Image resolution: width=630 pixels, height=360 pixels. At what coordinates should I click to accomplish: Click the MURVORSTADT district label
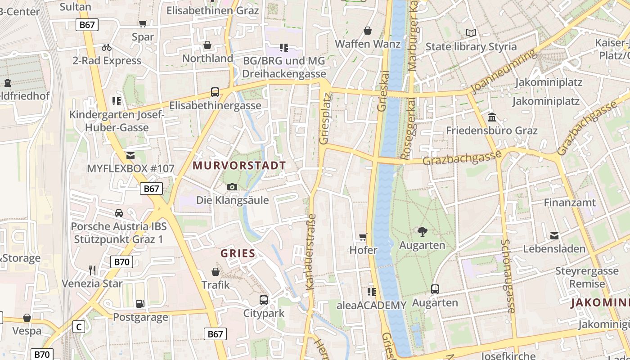tap(239, 166)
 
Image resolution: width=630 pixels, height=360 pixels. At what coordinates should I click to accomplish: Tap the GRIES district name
tap(238, 253)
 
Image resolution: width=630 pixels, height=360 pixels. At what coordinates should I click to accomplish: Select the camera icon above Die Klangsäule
tap(232, 187)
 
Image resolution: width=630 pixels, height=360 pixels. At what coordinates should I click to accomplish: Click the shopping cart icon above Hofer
tap(363, 237)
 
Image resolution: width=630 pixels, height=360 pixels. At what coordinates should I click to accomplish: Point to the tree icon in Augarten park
tap(422, 232)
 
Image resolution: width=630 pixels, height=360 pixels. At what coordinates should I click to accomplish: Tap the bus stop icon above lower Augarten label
tap(435, 289)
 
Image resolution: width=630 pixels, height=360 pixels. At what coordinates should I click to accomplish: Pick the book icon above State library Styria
tap(471, 33)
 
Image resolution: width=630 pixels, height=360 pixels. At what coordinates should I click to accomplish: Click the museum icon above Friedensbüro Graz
tap(492, 117)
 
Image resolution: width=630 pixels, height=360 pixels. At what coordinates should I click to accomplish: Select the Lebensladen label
tap(554, 248)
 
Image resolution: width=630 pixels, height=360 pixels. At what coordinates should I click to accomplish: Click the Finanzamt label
tap(570, 202)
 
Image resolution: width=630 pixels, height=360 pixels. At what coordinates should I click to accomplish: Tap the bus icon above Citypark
tap(264, 300)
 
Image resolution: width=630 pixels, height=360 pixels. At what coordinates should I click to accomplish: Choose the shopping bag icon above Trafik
tap(216, 272)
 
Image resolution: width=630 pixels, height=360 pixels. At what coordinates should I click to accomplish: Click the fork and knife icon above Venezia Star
tap(92, 270)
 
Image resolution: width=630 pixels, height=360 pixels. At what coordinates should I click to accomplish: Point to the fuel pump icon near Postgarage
tap(140, 304)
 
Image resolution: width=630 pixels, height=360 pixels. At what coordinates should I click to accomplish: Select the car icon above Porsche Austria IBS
tap(118, 213)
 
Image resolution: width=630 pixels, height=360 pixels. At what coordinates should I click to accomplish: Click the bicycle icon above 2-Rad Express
tap(107, 47)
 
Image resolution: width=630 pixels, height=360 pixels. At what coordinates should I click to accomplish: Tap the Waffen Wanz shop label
tap(368, 44)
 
